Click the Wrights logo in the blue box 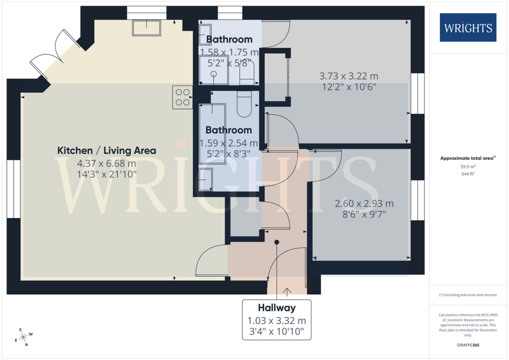[468, 28]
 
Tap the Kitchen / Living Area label [107, 150]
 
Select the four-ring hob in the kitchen [183, 97]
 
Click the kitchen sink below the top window [147, 28]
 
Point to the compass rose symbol [23, 337]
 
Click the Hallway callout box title [277, 308]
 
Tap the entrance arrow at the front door [287, 292]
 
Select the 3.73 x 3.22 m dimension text [349, 76]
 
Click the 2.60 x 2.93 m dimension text [364, 203]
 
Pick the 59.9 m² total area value [468, 167]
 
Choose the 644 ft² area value [468, 174]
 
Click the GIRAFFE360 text [468, 345]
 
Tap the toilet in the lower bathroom [244, 104]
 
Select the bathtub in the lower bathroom [212, 134]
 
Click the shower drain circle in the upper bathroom [214, 74]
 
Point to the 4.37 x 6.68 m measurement [107, 163]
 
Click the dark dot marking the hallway [277, 242]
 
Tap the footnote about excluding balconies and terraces [468, 295]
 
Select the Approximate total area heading [468, 158]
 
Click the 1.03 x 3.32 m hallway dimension [277, 321]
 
